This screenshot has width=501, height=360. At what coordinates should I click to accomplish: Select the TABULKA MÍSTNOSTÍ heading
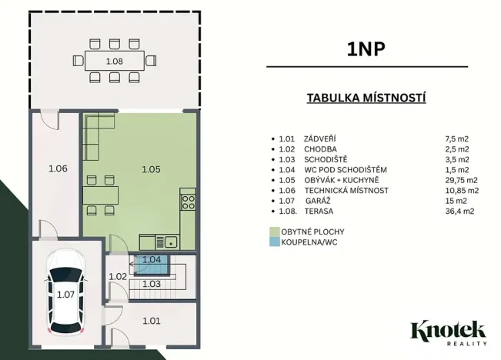tap(366, 98)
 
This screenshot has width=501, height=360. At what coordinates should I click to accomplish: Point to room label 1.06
tap(58, 168)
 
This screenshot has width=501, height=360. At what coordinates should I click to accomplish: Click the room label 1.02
tap(117, 276)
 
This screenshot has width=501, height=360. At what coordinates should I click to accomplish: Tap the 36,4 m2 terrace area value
tap(461, 212)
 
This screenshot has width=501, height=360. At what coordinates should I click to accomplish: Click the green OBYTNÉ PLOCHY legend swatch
tap(274, 231)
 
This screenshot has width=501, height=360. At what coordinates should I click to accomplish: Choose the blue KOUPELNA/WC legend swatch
tap(274, 242)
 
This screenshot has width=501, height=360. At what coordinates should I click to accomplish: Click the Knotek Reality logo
tap(449, 334)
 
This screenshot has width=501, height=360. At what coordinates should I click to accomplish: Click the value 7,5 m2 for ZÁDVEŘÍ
tap(457, 138)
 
